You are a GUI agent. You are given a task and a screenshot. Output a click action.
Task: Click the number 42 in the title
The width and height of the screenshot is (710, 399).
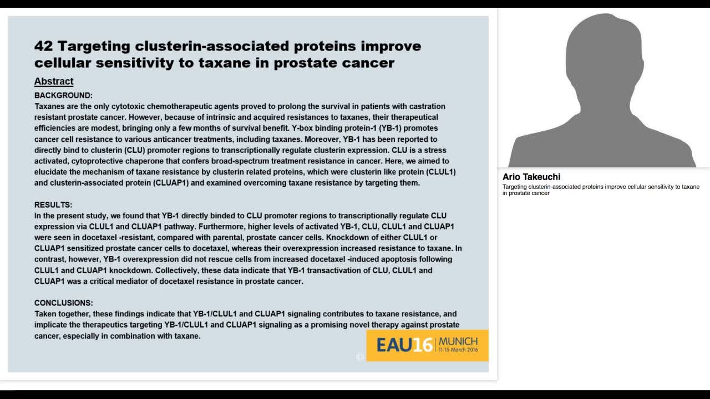tap(43, 46)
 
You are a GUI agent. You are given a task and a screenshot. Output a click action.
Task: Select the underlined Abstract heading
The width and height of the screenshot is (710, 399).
tap(54, 81)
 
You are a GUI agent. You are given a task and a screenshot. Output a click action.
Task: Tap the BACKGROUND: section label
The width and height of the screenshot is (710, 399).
tap(63, 95)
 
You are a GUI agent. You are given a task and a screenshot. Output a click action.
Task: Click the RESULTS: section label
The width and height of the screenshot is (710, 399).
tap(53, 205)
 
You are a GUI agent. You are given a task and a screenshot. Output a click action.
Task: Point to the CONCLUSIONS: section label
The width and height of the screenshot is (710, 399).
tap(64, 303)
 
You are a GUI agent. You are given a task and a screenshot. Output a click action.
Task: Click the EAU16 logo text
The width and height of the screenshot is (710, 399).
tap(404, 345)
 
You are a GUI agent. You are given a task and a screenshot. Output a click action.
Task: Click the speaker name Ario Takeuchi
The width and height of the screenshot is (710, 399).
tap(531, 177)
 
